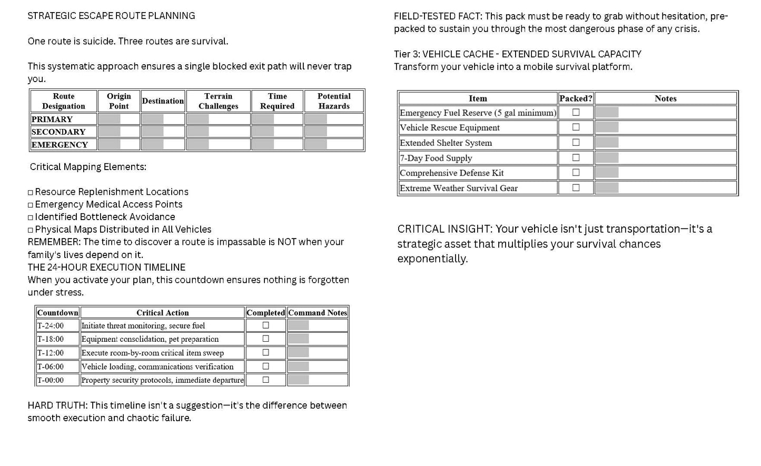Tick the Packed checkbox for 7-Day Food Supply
[x=576, y=157]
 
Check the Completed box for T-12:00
[x=265, y=352]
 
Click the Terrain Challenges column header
[x=218, y=101]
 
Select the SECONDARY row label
[x=58, y=132]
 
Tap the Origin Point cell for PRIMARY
[x=118, y=119]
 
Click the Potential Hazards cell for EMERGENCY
[x=334, y=144]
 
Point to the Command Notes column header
[x=318, y=312]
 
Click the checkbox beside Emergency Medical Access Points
[x=31, y=205]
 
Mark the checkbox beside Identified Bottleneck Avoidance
[x=31, y=217]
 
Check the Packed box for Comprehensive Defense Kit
[x=576, y=172]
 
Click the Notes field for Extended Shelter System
[x=665, y=142]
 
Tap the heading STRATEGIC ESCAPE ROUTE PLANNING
[x=111, y=16]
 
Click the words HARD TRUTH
[x=57, y=405]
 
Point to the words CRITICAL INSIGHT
[x=444, y=229]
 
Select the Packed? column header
[x=576, y=98]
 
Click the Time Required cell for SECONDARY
[x=277, y=132]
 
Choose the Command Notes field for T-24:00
[x=318, y=325]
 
